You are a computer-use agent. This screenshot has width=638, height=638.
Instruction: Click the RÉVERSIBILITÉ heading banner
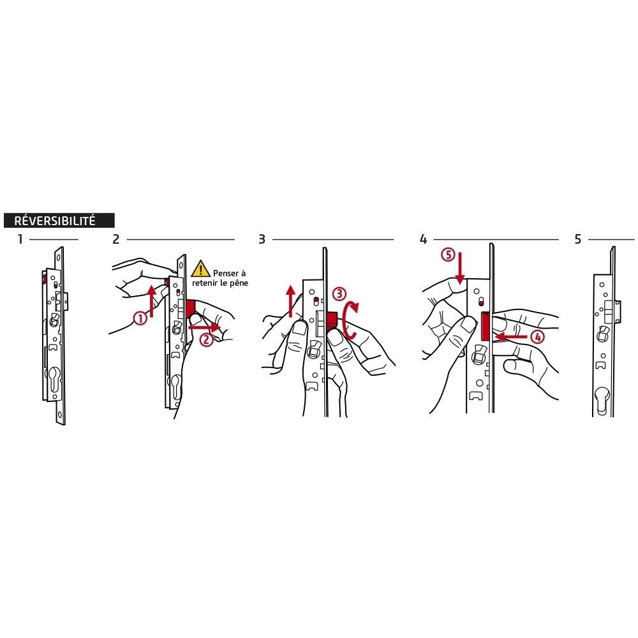pyautogui.click(x=59, y=220)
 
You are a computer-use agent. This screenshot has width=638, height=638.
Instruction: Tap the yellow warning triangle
pyautogui.click(x=200, y=269)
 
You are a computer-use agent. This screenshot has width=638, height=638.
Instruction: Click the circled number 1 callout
pyautogui.click(x=140, y=318)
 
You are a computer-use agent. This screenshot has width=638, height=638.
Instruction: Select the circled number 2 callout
pyautogui.click(x=207, y=339)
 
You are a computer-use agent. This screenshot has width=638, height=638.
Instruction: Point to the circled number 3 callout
pyautogui.click(x=339, y=294)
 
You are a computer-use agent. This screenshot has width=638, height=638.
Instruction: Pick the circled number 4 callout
pyautogui.click(x=537, y=337)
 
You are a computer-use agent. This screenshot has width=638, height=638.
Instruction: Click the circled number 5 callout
pyautogui.click(x=448, y=255)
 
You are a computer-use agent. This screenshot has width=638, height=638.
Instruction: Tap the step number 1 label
pyautogui.click(x=20, y=239)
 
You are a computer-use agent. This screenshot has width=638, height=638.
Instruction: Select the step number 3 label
pyautogui.click(x=262, y=239)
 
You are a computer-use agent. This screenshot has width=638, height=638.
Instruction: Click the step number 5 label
pyautogui.click(x=578, y=239)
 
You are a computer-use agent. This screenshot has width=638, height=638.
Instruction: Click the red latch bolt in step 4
pyautogui.click(x=485, y=326)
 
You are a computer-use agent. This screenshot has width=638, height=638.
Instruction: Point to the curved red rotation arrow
pyautogui.click(x=349, y=321)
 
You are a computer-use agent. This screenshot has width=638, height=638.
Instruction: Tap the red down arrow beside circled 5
pyautogui.click(x=460, y=268)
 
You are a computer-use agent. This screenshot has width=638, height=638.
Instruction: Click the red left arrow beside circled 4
pyautogui.click(x=510, y=336)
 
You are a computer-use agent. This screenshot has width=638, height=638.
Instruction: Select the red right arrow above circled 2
pyautogui.click(x=205, y=327)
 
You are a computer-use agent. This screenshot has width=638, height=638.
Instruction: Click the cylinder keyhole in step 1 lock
pyautogui.click(x=54, y=380)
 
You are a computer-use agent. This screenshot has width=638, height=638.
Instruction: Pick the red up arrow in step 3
pyautogui.click(x=290, y=301)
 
